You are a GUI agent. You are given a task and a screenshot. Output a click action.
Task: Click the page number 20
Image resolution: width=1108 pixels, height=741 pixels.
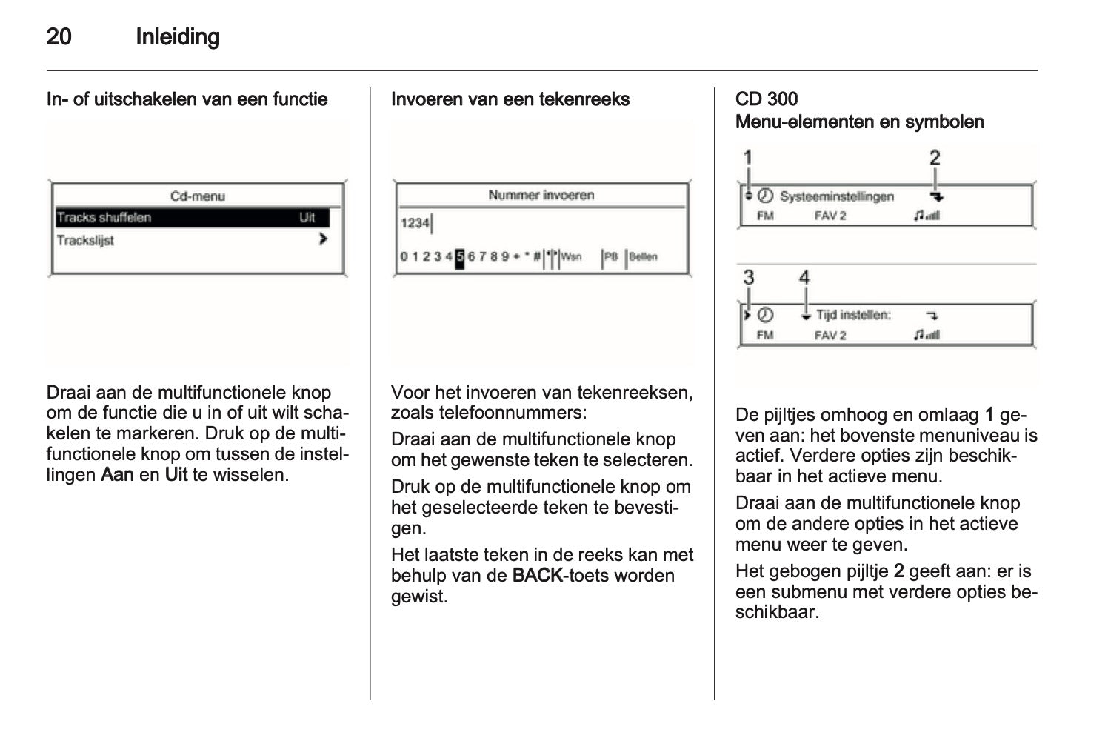coord(59,37)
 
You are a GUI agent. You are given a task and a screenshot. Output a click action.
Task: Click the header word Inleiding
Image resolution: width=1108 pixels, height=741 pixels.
coord(178,37)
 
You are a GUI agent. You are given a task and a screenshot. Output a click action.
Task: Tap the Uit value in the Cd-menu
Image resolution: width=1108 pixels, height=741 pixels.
coord(307,218)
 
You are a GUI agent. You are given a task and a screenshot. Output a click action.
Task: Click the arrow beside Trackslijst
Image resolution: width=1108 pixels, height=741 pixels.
coord(323,239)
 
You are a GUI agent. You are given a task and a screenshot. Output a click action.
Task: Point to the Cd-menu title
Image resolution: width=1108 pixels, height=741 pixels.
coord(198,196)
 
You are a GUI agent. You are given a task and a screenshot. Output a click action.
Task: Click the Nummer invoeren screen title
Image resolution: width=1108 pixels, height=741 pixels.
coord(541,196)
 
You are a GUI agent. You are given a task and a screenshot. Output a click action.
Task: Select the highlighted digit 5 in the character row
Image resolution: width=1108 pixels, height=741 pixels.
coord(460,257)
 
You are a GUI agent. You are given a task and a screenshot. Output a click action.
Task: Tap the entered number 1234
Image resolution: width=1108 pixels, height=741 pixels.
coord(415,223)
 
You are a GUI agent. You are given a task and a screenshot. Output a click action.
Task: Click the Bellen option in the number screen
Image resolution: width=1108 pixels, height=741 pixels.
coord(643,257)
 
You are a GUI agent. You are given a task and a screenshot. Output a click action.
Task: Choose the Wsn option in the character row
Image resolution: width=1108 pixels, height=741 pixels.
coord(571,257)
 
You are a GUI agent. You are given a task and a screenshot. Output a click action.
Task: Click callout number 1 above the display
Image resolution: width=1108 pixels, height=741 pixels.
coord(748,158)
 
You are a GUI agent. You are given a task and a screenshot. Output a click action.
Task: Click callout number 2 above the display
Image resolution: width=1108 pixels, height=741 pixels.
coord(935,158)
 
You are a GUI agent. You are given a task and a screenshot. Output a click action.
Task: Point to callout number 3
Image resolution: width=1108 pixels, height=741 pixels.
coord(749,278)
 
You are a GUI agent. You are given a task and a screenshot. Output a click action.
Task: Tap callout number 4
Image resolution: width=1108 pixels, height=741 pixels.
coord(805,278)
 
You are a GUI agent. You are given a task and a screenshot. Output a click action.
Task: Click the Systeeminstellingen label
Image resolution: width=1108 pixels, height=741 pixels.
coord(837,197)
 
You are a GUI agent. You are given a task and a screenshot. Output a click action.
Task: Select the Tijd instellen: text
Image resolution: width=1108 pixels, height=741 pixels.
coord(853,316)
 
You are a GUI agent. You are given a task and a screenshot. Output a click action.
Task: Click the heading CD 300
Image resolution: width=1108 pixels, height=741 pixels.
coord(767,99)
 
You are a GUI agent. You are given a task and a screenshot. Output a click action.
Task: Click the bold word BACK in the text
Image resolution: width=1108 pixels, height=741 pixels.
coord(538,576)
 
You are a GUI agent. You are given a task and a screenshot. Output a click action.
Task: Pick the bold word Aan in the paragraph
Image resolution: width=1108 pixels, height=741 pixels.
coord(117,475)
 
